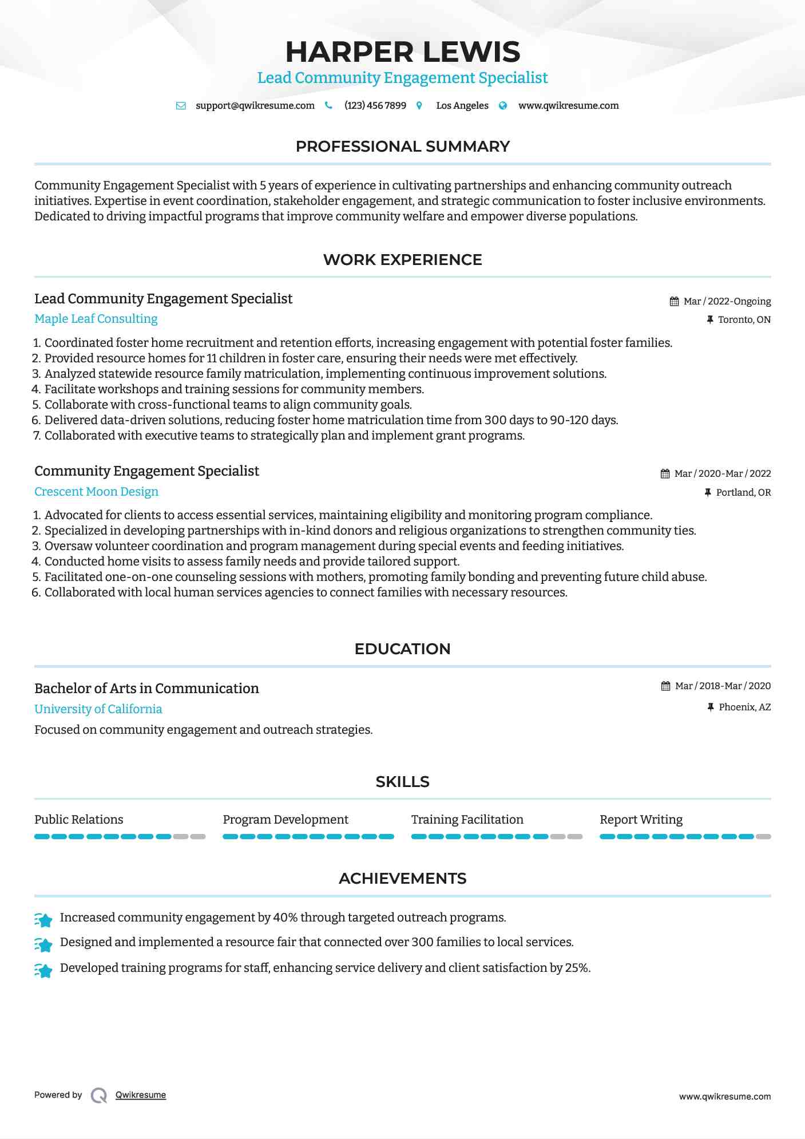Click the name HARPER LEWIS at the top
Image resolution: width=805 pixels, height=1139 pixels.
[402, 52]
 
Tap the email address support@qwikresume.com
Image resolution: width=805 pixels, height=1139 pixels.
[255, 105]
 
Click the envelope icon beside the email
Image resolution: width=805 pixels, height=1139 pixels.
[181, 105]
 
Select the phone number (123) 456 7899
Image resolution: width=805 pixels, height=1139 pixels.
[375, 105]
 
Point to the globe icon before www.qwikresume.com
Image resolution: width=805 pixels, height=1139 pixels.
[503, 105]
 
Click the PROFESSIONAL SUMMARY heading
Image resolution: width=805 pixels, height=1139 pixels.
[402, 147]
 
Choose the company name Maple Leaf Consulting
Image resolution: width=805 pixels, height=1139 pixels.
[96, 319]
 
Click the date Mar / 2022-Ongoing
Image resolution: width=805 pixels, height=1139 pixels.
[727, 301]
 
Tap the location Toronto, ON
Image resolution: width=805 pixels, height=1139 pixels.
[744, 319]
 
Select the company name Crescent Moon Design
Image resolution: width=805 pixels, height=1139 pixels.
[96, 492]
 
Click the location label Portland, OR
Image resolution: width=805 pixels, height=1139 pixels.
[743, 492]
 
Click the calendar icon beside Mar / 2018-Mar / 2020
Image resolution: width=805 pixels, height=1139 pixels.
[665, 686]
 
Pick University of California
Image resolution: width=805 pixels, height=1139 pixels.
[98, 709]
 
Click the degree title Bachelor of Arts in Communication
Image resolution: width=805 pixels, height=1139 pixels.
[146, 689]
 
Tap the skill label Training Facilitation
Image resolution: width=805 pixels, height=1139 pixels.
[467, 820]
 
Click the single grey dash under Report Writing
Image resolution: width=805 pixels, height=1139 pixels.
[763, 837]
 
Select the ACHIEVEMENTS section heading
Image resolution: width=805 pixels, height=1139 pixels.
[402, 879]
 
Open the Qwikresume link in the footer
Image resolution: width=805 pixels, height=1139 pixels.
[140, 1095]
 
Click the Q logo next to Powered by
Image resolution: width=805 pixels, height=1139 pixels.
[99, 1096]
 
